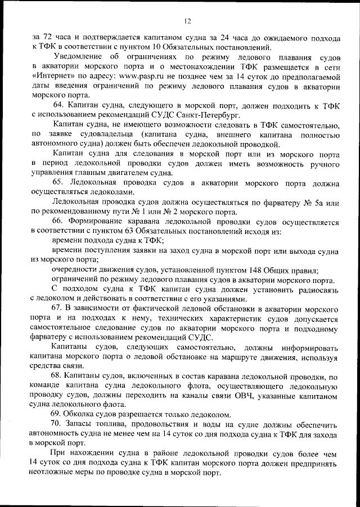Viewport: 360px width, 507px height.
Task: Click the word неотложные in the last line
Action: (x=56, y=473)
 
